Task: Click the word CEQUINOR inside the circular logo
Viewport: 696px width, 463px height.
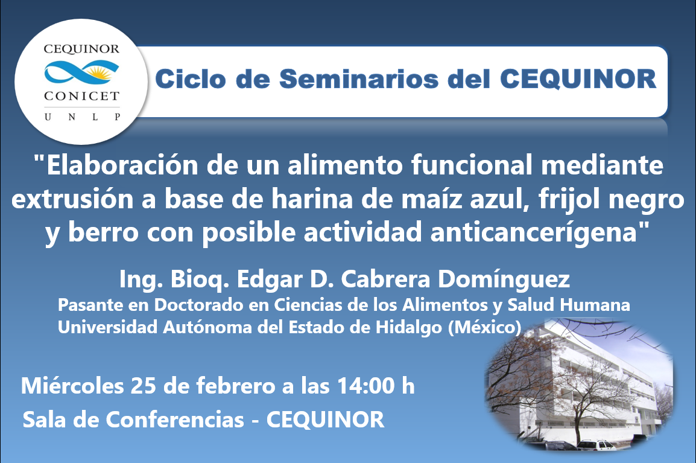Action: pyautogui.click(x=81, y=49)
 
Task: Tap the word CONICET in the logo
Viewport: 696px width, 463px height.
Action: pyautogui.click(x=81, y=96)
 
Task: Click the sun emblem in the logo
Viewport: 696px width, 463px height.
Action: pyautogui.click(x=98, y=72)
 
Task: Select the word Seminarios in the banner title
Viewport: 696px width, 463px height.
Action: pyautogui.click(x=359, y=79)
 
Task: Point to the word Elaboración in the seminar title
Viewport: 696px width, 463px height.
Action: pyautogui.click(x=122, y=165)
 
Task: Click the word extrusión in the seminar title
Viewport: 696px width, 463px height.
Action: pyautogui.click(x=72, y=199)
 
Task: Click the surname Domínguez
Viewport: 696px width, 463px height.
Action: pyautogui.click(x=504, y=279)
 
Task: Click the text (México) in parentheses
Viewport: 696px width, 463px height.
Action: pyautogui.click(x=485, y=327)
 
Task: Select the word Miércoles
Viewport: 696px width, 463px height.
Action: pyautogui.click(x=72, y=386)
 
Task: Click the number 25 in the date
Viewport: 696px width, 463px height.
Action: pyautogui.click(x=144, y=386)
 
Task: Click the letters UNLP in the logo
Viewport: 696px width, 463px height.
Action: pyautogui.click(x=82, y=117)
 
